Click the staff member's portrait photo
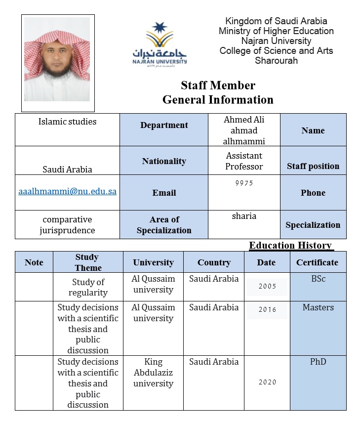pos(58,62)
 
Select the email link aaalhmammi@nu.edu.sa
pos(68,191)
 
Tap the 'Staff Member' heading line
pos(218,85)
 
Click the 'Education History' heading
pos(290,246)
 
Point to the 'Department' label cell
pos(164,126)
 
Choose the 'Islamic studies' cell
pos(68,122)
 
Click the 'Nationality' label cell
pos(164,161)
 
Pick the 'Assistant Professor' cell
pos(244,161)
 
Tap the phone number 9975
pos(244,183)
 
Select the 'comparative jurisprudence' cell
pos(68,225)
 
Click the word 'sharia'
pos(244,216)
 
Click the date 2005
pos(267,286)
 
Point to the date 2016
pos(267,310)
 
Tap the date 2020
pos(267,382)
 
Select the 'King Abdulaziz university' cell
pos(153,373)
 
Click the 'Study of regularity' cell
pos(88,287)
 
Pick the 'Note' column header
pos(34,262)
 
